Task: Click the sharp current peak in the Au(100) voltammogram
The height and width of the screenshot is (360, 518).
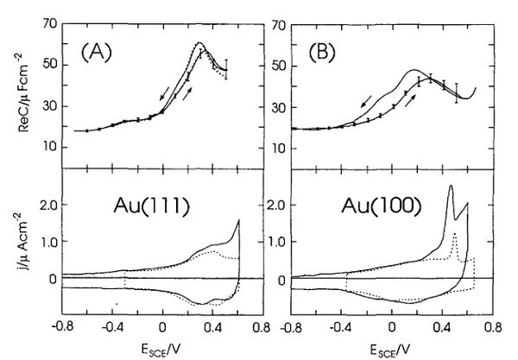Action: (x=450, y=186)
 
